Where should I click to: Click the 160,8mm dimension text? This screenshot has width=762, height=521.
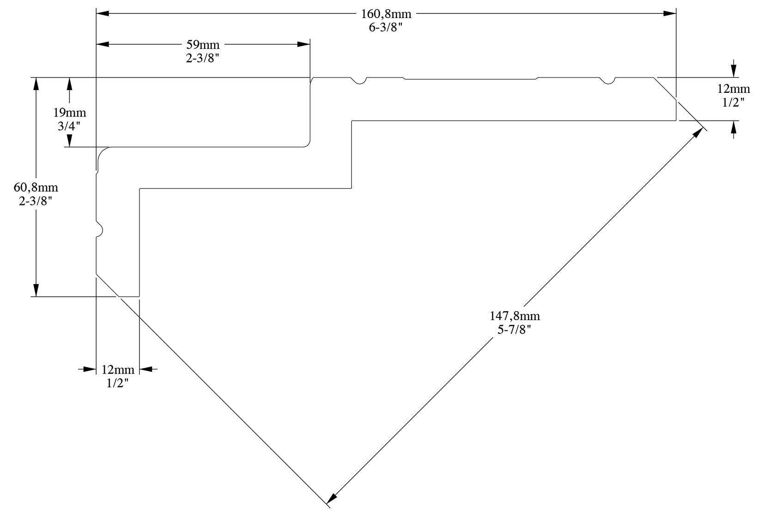(386, 14)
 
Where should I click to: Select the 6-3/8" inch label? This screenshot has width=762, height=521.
(386, 27)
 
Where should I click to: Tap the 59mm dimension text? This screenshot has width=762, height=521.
(203, 45)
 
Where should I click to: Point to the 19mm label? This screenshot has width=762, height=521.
(70, 112)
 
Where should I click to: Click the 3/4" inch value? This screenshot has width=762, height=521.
(70, 126)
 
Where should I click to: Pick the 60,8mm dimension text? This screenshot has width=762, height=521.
(36, 188)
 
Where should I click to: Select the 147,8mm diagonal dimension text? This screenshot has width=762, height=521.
(514, 316)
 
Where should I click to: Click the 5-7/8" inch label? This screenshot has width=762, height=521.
(514, 329)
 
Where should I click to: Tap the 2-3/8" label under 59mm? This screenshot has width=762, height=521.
(203, 59)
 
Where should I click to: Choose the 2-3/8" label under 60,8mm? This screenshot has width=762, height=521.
(36, 201)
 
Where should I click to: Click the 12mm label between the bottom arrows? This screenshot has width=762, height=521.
(118, 370)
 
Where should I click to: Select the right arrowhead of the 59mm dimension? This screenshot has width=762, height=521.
(303, 44)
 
